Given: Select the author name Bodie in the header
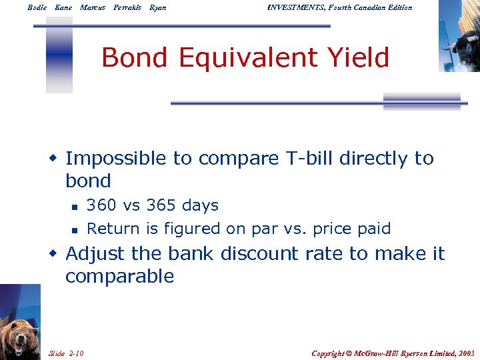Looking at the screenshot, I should [x=37, y=7].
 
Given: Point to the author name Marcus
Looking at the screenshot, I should [x=92, y=7].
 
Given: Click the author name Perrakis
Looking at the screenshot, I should [x=127, y=7].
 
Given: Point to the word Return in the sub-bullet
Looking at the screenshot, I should [x=114, y=229].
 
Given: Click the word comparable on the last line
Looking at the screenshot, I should [x=119, y=277].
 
